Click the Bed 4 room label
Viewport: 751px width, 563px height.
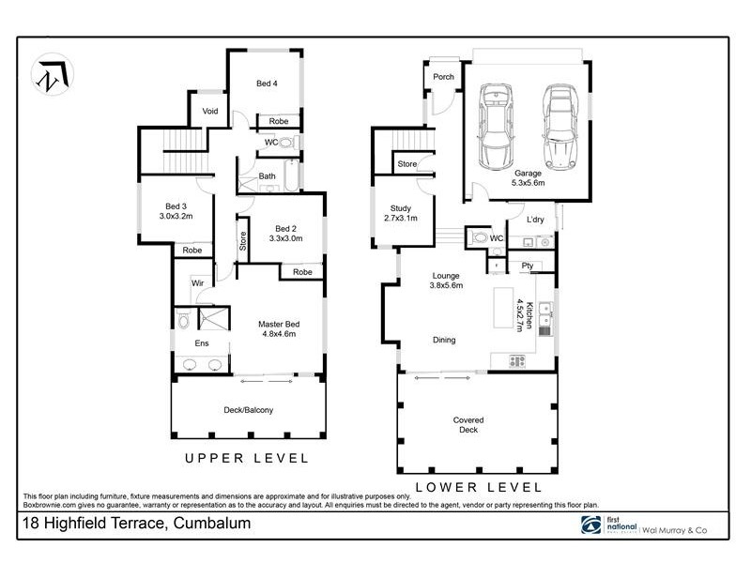tap(267, 84)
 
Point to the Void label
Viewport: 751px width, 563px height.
tap(210, 112)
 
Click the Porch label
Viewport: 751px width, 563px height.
tap(443, 77)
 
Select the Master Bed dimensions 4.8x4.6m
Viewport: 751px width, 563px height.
tap(278, 333)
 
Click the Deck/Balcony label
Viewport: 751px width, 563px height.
tap(249, 410)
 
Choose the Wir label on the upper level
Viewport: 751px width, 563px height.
tap(198, 281)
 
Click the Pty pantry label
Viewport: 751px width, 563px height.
tap(527, 266)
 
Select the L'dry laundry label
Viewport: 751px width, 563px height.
tap(535, 220)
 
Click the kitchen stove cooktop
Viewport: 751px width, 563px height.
tap(517, 359)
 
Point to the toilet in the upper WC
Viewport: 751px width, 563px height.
tap(287, 143)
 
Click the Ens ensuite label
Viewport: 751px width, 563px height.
tap(201, 343)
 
